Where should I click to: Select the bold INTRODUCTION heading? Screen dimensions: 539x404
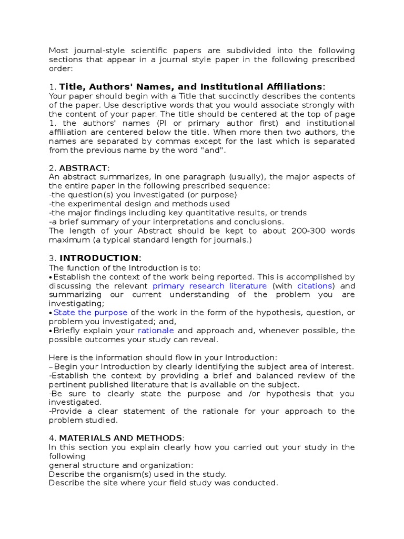click(99, 257)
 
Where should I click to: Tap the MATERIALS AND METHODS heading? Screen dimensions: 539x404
click(120, 438)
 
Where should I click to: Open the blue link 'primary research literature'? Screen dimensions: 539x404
click(209, 286)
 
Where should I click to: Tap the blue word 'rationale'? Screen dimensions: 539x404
click(155, 331)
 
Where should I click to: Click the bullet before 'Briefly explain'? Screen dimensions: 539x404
click(50, 331)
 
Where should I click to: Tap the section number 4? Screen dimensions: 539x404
click(52, 438)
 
